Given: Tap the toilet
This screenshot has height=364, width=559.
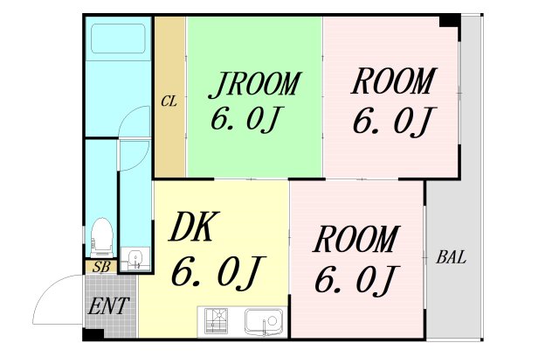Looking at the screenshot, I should point(100,235).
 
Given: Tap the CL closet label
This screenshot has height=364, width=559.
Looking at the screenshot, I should point(169,101).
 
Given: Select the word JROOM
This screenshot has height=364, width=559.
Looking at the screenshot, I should point(254,85).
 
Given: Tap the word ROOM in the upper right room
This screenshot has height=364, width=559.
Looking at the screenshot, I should point(392,82).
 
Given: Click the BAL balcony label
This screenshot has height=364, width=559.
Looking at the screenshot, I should point(451,258).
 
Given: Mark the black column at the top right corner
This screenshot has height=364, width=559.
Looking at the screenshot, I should point(449,20).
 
